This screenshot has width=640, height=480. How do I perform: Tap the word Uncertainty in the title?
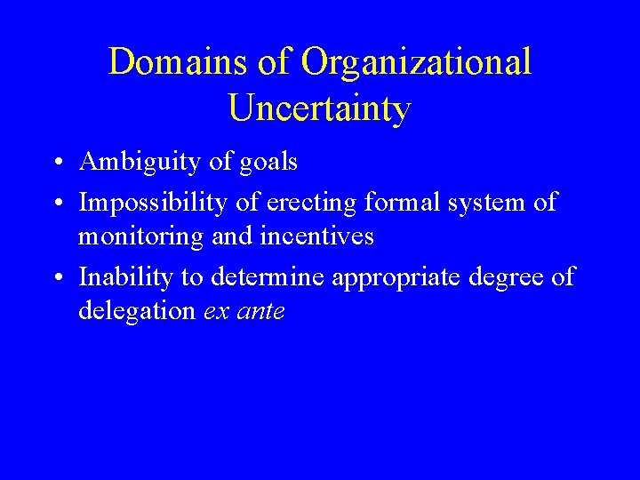click(x=319, y=108)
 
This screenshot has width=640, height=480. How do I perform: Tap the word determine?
click(x=268, y=277)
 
